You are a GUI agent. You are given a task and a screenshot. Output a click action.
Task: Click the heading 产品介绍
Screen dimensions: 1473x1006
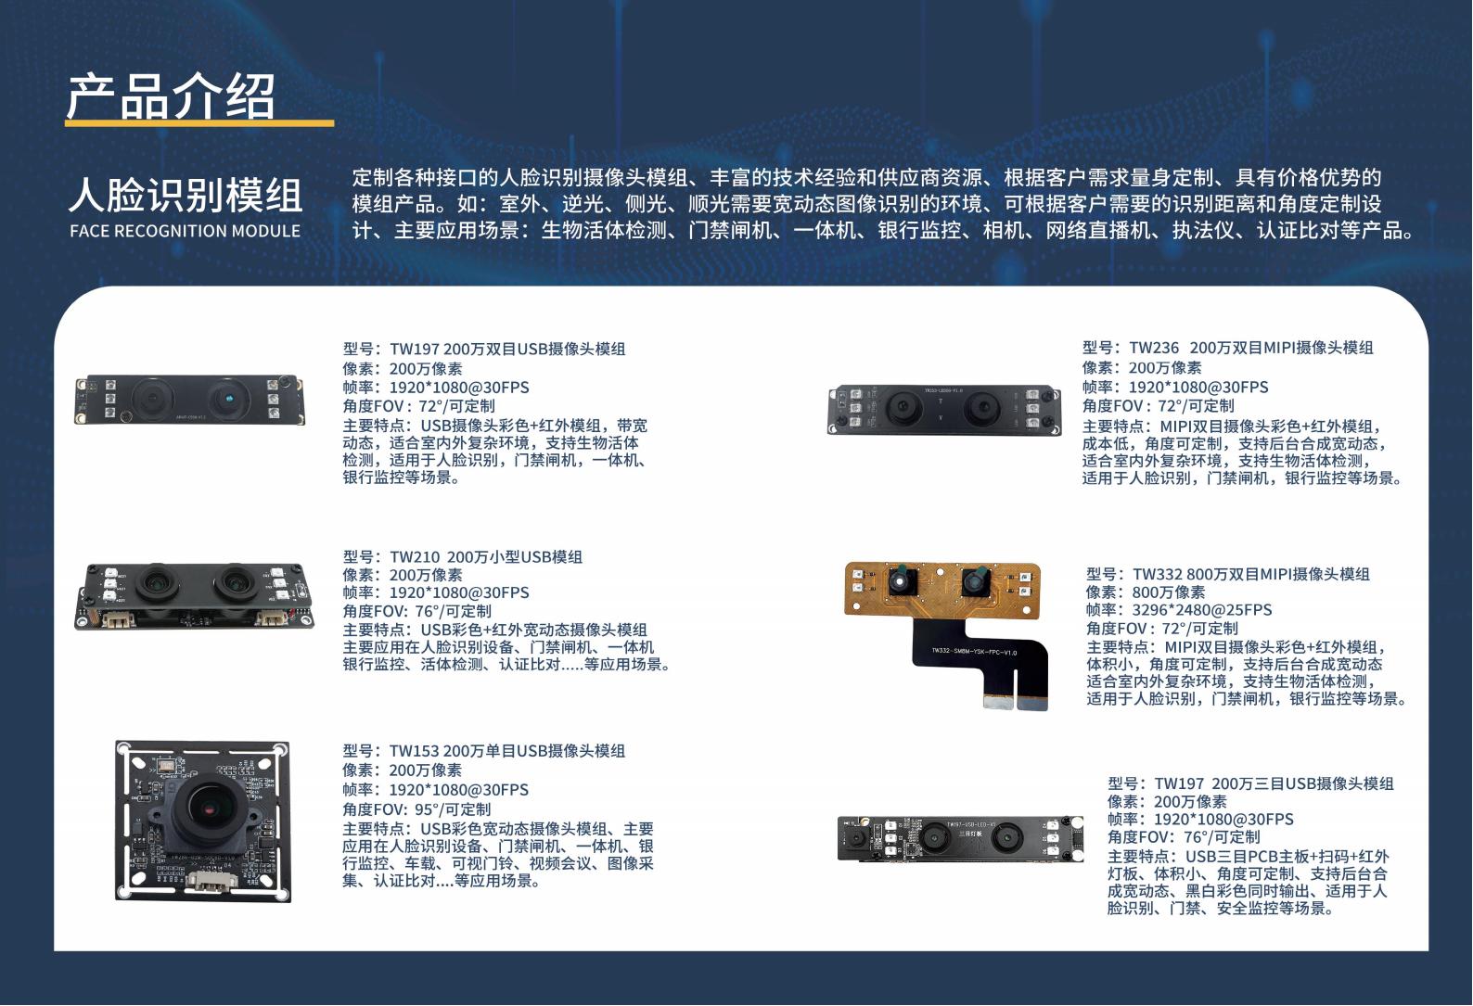pyautogui.click(x=171, y=96)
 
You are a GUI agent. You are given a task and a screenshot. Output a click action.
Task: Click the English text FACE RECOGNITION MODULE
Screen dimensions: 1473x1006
pyautogui.click(x=185, y=231)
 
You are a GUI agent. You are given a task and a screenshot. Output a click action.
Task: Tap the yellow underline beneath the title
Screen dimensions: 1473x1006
pyautogui.click(x=199, y=123)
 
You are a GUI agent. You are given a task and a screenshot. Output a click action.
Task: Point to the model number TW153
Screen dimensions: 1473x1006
pyautogui.click(x=414, y=751)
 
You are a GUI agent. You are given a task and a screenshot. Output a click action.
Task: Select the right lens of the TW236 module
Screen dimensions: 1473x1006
pyautogui.click(x=981, y=407)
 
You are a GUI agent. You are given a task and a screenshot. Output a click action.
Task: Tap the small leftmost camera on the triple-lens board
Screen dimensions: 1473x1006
pyautogui.click(x=857, y=838)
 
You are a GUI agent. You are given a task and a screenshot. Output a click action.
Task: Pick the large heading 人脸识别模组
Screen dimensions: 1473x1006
pyautogui.click(x=186, y=195)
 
